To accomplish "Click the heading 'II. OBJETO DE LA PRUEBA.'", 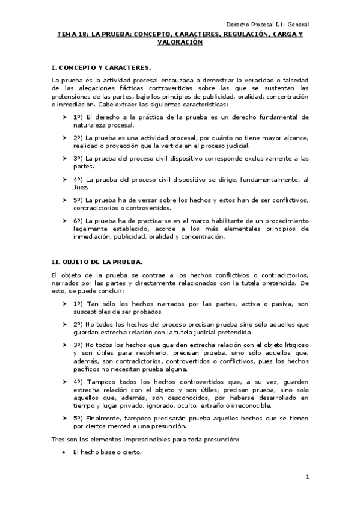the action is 97,262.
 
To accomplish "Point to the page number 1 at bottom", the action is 307,477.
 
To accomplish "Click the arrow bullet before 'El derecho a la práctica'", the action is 64,117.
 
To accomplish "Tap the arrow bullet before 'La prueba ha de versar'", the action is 64,200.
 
